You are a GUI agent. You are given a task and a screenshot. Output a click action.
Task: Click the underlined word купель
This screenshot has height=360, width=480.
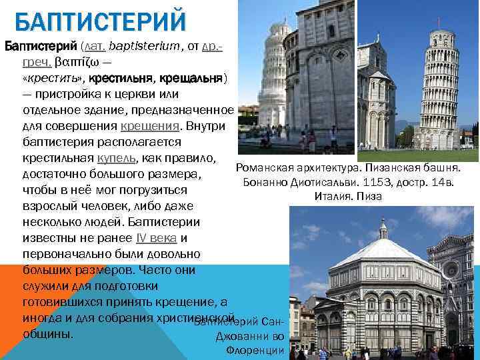[116, 158]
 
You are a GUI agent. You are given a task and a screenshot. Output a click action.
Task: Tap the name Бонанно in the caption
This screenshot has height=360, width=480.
[267, 182]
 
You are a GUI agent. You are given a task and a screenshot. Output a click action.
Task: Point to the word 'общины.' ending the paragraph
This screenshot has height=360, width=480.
[48, 333]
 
